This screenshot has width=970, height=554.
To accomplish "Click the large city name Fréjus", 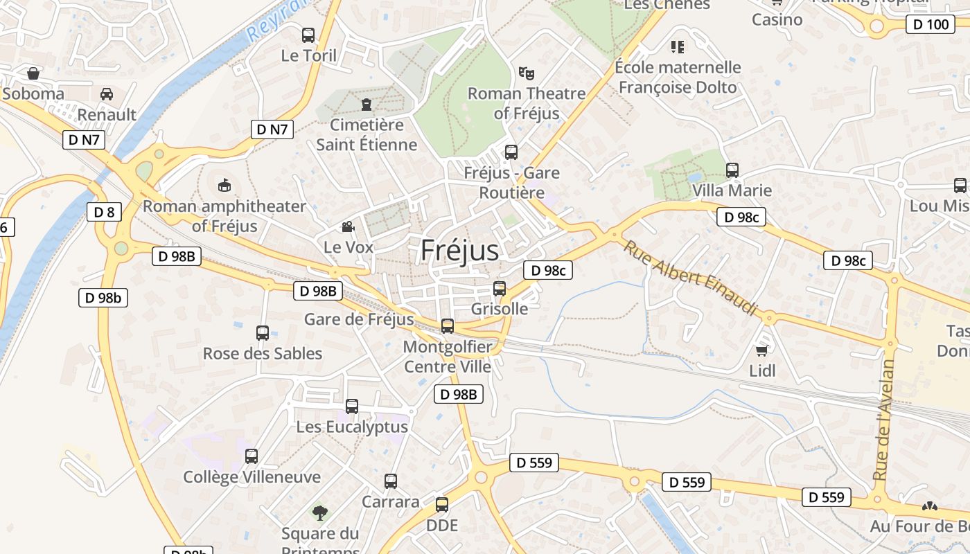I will coord(459,250).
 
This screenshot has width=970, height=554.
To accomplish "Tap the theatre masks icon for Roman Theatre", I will coord(527,73).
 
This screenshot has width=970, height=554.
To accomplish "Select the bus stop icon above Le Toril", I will coord(308,35).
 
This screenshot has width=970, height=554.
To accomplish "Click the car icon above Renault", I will coord(107,93).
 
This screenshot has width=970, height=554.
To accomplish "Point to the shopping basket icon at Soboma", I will coord(33,73).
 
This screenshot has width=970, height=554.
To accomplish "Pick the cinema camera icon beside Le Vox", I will coord(348,226).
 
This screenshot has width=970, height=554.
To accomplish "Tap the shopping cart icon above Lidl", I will coord(762,350).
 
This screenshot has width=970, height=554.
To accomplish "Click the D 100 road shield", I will coord(928,25).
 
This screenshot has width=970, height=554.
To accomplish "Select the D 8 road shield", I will coord(104,212).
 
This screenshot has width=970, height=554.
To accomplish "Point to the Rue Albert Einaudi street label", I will coord(689,277).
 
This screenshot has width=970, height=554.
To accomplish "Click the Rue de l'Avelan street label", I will coord(884,421).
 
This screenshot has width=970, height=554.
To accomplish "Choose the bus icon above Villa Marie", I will coord(732,170).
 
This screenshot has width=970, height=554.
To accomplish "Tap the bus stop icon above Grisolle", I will coord(500,288).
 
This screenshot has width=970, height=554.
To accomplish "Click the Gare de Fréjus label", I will coord(359,319).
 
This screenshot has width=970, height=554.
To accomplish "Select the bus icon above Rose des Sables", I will coord(263,332).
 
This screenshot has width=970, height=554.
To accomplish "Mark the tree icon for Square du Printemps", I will coord(319,512).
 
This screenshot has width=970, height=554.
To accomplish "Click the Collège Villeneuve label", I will coord(252,477).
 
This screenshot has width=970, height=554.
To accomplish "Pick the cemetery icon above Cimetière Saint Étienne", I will coord(367,105).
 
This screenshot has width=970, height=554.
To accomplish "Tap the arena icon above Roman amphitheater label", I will coord(224,185).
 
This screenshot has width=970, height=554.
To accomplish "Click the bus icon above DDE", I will coord(442,505).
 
